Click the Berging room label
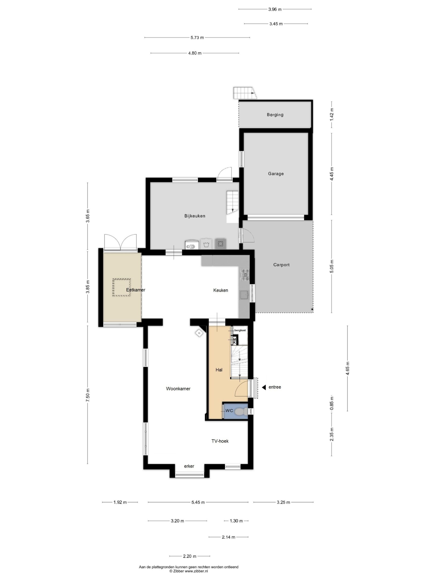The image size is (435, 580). (275, 115)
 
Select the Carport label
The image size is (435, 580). (281, 265)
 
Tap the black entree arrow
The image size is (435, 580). (264, 387)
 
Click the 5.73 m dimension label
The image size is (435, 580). (197, 37)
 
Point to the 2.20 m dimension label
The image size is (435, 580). (190, 556)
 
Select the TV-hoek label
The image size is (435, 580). (220, 441)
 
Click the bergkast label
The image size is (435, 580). (240, 330)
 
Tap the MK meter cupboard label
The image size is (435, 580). (235, 341)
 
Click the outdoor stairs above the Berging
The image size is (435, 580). (245, 93)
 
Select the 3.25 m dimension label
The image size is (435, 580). (283, 502)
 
